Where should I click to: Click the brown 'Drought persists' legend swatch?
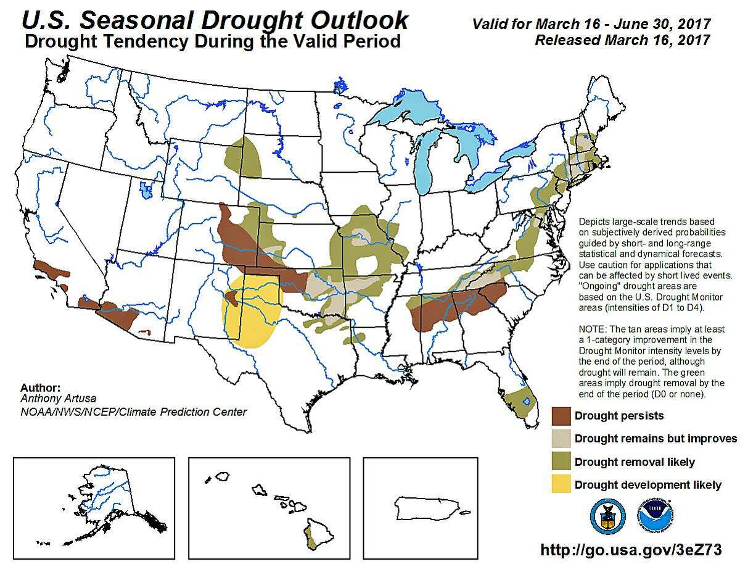(561, 416)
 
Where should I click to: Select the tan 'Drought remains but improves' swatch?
(561, 439)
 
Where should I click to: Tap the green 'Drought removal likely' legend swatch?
(561, 462)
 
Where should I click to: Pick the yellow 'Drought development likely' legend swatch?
(561, 485)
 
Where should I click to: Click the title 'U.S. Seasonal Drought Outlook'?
(215, 20)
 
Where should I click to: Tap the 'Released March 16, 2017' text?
(622, 40)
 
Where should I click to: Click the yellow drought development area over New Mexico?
(253, 315)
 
